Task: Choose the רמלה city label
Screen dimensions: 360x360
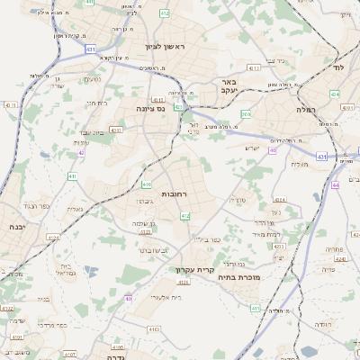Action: pos(303,108)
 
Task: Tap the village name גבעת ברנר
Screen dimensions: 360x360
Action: pos(145,222)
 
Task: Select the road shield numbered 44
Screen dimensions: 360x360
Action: pos(334,184)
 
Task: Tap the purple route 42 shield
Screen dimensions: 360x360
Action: pos(81,153)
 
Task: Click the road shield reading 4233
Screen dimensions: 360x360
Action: pos(278,246)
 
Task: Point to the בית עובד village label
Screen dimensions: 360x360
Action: pos(87,131)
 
